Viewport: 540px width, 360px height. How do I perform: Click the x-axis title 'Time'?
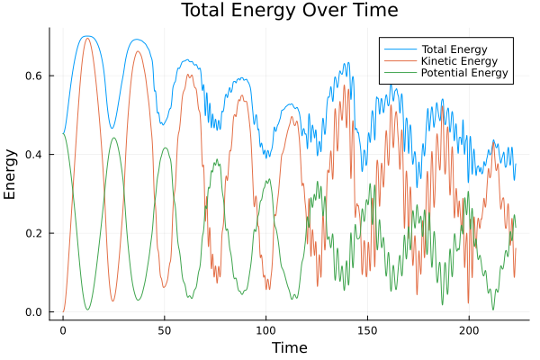(x=290, y=348)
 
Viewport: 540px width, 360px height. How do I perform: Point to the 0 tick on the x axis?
(x=63, y=330)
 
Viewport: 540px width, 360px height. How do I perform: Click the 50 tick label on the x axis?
(x=164, y=330)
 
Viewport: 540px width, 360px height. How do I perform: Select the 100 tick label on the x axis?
(x=265, y=330)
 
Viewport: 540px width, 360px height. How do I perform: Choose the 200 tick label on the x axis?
(x=468, y=330)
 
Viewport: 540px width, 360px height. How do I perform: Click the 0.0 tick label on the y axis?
(x=34, y=312)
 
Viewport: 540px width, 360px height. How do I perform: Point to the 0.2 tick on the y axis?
(x=34, y=233)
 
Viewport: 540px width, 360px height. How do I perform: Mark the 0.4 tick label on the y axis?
(x=34, y=155)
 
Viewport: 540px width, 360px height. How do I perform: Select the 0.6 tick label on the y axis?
(x=34, y=76)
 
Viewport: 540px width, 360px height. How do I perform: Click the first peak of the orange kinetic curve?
(x=87, y=38)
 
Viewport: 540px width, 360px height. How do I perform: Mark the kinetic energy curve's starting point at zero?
(x=63, y=311)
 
